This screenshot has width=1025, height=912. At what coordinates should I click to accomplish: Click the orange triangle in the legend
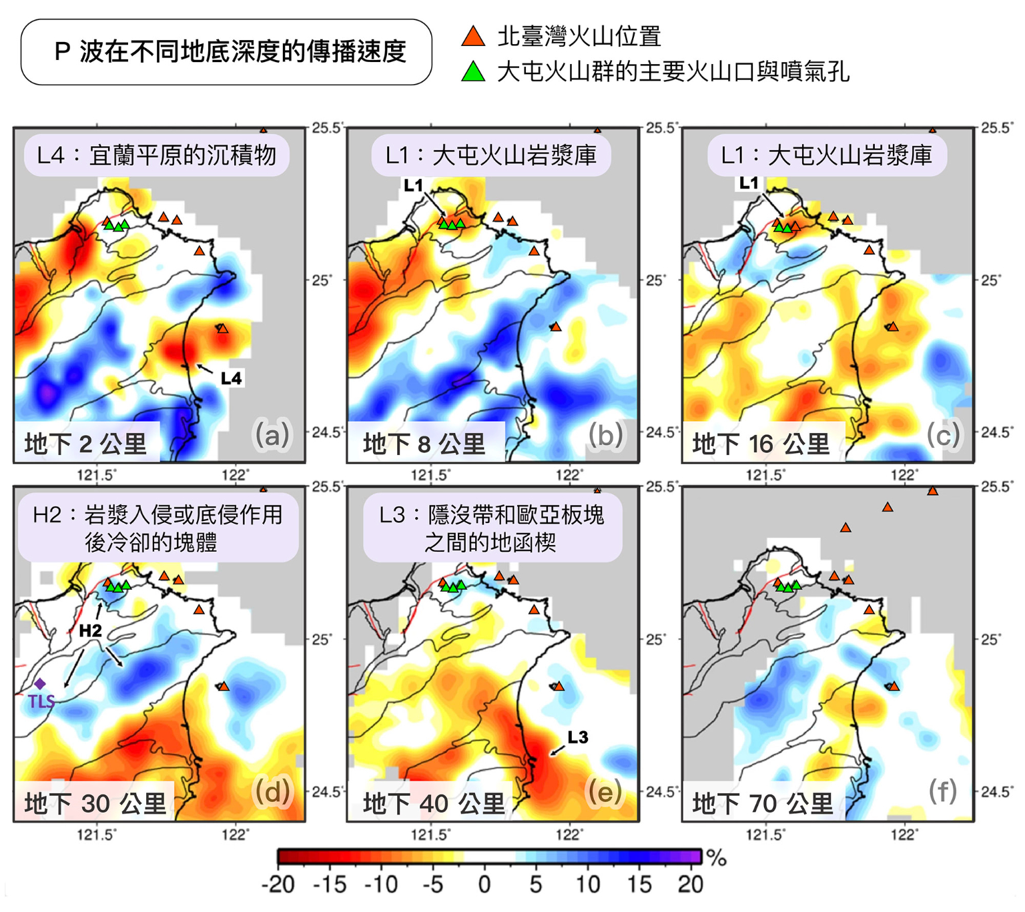(x=473, y=37)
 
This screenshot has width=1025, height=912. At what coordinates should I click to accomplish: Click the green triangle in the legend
(x=473, y=71)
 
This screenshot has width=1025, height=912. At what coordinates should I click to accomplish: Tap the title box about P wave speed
(x=226, y=52)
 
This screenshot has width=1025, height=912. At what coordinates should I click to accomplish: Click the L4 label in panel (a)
(x=231, y=379)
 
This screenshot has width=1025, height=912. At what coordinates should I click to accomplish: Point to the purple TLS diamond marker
(x=40, y=684)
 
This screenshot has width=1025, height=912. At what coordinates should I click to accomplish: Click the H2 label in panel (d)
(x=90, y=630)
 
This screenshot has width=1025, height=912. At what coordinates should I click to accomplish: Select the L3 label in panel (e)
(x=578, y=737)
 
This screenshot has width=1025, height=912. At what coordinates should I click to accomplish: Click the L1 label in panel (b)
(x=414, y=185)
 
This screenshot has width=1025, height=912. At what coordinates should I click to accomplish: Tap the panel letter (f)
(x=942, y=791)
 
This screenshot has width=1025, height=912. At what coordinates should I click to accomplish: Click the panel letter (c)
(x=942, y=434)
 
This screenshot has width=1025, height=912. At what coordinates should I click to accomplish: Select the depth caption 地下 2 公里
(x=85, y=444)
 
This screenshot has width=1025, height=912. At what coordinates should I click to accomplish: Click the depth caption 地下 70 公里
(x=762, y=803)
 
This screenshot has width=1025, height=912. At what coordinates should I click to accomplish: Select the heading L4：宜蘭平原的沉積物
(x=156, y=155)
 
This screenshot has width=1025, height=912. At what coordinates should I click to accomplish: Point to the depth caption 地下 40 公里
(x=433, y=803)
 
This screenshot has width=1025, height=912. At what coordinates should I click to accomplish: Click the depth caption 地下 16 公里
(x=761, y=444)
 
